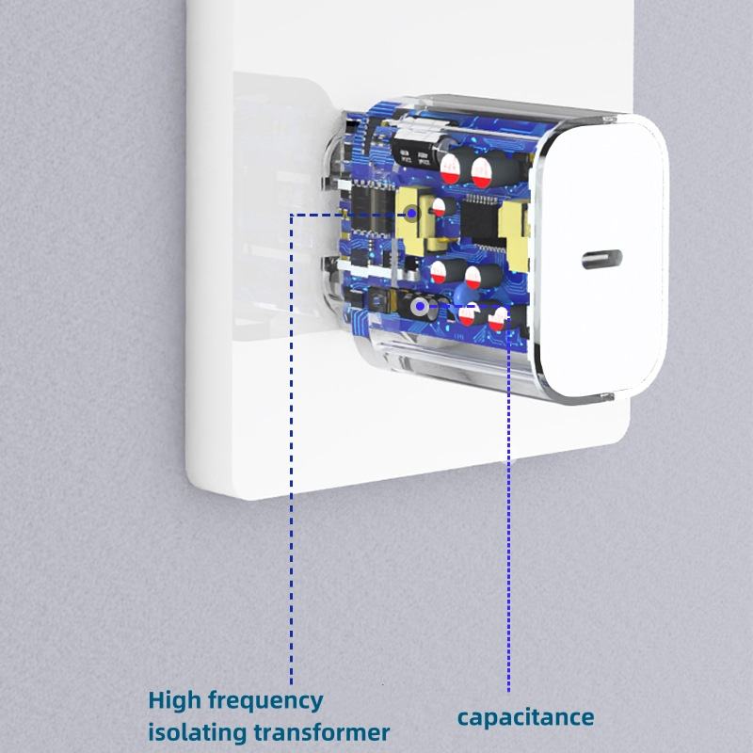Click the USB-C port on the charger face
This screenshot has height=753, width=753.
coord(601,260)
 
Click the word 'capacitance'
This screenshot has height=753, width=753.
coord(525,718)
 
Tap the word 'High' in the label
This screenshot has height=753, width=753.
coord(175,700)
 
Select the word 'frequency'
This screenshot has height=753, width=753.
coord(266,702)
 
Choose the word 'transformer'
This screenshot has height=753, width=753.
coord(321,733)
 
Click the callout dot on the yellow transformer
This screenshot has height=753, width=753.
coord(411,213)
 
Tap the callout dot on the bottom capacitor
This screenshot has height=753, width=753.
coord(420,306)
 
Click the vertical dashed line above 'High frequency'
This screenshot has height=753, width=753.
coord(291,449)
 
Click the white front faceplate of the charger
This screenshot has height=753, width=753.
coord(602,261)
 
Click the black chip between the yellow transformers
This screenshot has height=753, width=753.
coord(479,222)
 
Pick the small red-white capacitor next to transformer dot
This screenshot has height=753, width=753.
coord(439,207)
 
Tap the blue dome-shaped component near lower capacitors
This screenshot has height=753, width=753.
coord(462,293)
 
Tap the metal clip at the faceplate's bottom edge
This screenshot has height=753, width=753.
coord(606,396)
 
